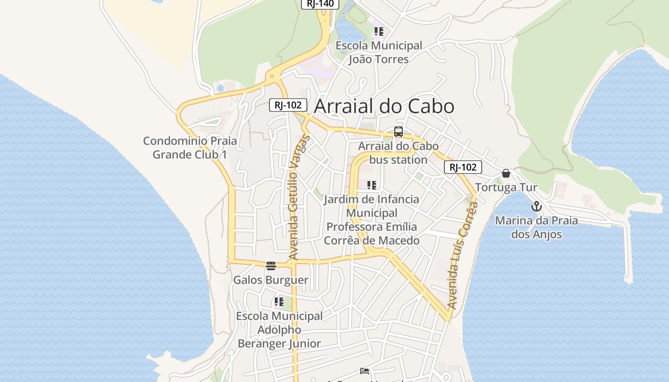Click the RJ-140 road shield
pyautogui.click(x=320, y=4)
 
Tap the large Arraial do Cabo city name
pyautogui.click(x=384, y=106)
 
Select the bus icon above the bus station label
pyautogui.click(x=398, y=132)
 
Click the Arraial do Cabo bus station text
pyautogui.click(x=398, y=153)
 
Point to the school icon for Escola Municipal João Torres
pyautogui.click(x=378, y=32)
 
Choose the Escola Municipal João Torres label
pyautogui.click(x=378, y=53)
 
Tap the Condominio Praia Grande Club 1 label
pyautogui.click(x=190, y=148)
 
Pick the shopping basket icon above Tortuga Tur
pyautogui.click(x=506, y=173)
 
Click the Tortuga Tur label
pyautogui.click(x=506, y=187)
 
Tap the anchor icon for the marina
pyautogui.click(x=537, y=206)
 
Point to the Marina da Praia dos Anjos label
pyautogui.click(x=536, y=227)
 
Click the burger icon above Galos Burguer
pyautogui.click(x=271, y=265)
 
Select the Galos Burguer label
pyautogui.click(x=270, y=280)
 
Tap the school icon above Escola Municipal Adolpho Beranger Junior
pyautogui.click(x=279, y=302)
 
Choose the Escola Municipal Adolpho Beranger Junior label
pyautogui.click(x=280, y=329)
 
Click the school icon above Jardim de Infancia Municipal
pyautogui.click(x=371, y=185)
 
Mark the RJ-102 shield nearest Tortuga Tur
pyautogui.click(x=463, y=167)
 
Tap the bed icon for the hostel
pyautogui.click(x=365, y=371)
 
